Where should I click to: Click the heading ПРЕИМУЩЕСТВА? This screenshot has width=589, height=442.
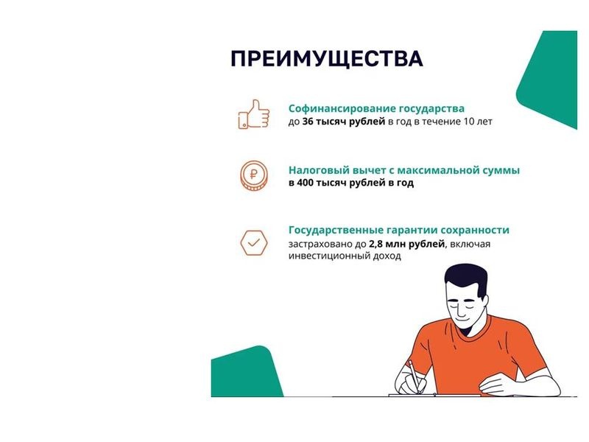coord(327,59)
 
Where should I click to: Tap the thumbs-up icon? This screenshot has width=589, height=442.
coord(254,114)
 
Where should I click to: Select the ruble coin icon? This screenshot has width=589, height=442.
coord(254,175)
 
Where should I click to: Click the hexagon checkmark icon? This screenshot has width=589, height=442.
coord(254,243)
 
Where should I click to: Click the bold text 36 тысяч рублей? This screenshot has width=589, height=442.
coord(344,122)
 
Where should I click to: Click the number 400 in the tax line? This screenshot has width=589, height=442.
coord(305,183)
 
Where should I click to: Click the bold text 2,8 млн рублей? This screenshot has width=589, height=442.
coord(407,244)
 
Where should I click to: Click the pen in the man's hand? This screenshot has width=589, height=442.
coord(415,376)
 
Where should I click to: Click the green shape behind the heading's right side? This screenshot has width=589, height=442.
coord(549,79)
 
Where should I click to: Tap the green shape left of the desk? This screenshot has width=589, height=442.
coord(246,373)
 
